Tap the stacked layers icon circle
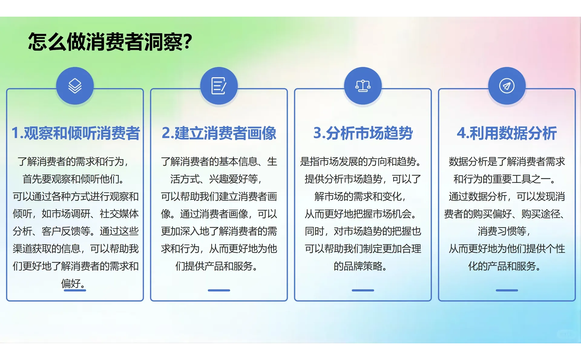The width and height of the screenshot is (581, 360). coord(75,86)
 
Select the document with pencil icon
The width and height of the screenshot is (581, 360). coord(219,86)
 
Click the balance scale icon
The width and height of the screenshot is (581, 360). coord(363,86)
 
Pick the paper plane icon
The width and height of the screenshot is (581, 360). coord(507,86)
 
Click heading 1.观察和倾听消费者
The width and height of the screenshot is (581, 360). coord(75,133)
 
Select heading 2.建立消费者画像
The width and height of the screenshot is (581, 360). coord(219,133)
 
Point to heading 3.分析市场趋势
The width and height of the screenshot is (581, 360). coord(363,133)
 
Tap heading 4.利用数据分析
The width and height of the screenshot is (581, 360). coord(507,133)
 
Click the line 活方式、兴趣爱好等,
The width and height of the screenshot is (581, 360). coord(216,179)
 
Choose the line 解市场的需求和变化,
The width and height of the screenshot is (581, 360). coord(361,197)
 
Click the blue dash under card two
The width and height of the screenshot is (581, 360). coord(219,290)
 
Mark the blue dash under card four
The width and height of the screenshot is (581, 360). coord(507,290)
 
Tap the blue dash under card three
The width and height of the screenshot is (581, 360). coord(363,290)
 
